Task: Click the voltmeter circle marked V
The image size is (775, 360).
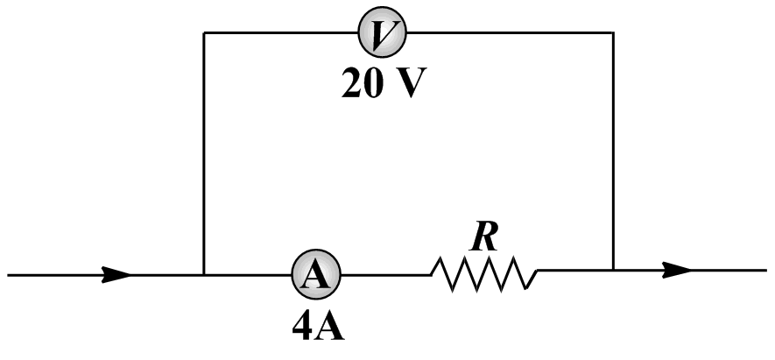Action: click(x=382, y=33)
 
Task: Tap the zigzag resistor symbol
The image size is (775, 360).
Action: click(x=484, y=274)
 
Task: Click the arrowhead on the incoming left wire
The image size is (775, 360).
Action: click(x=116, y=274)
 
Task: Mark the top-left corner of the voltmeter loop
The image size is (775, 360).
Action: click(x=204, y=33)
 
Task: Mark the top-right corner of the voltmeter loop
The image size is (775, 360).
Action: click(x=613, y=33)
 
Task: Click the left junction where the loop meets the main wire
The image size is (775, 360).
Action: click(x=204, y=274)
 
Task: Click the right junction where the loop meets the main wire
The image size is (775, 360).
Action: click(x=613, y=271)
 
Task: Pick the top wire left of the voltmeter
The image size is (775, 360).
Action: click(x=280, y=33)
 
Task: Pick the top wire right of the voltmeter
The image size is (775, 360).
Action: click(x=508, y=33)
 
